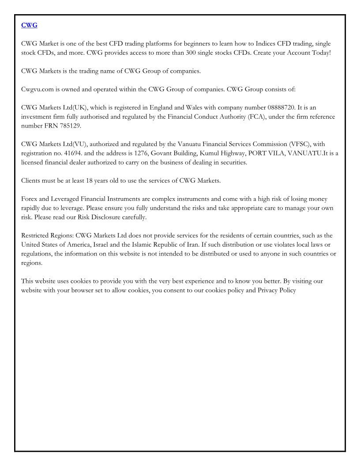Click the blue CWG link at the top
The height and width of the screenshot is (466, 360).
pyautogui.click(x=29, y=25)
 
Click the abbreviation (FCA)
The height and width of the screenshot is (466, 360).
pyautogui.click(x=262, y=116)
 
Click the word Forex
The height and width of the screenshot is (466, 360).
pyautogui.click(x=30, y=199)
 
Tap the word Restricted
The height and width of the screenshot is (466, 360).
pyautogui.click(x=37, y=235)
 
